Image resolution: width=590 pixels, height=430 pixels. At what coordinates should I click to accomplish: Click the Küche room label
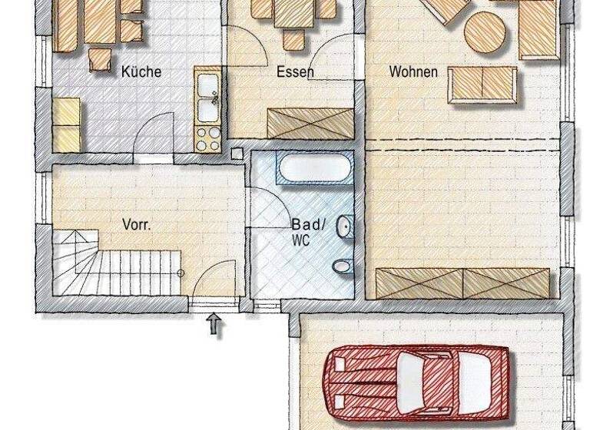(141, 72)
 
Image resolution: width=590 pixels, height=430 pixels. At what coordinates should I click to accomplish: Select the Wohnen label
(413, 72)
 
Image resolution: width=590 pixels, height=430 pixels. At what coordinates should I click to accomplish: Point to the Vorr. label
(136, 225)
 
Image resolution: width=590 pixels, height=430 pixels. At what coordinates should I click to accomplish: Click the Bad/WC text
(307, 231)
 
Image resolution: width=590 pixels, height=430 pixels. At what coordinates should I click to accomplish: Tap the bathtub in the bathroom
(315, 168)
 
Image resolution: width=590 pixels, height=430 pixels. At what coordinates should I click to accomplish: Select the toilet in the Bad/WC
(342, 266)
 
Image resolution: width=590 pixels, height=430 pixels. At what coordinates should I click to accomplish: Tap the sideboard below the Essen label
(310, 124)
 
